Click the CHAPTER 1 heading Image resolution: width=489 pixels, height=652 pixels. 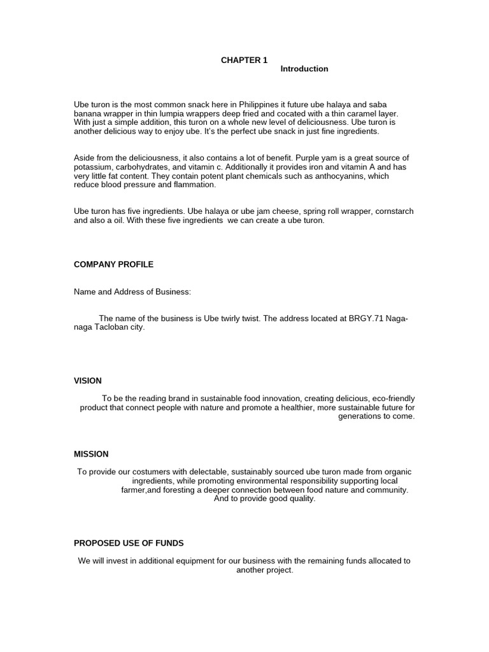click(244, 60)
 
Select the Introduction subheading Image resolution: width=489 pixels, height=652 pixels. click(304, 69)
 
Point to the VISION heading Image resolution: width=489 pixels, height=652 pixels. click(88, 381)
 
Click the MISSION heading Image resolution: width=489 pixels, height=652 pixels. click(91, 454)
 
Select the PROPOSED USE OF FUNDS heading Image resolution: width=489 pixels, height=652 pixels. click(129, 543)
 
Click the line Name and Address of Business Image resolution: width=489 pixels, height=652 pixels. click(132, 292)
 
